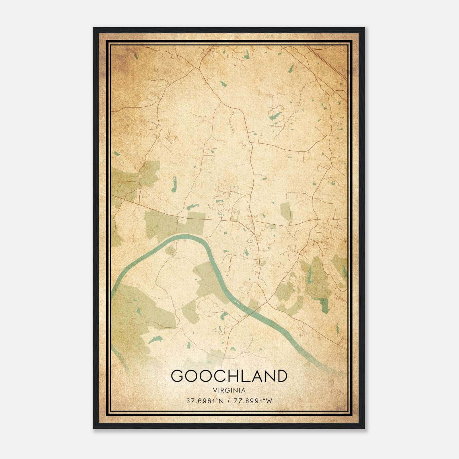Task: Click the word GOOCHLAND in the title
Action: coord(229,376)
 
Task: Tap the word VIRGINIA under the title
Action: coord(229,390)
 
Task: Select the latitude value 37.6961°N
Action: coord(203,401)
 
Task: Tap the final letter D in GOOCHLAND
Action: coord(281,376)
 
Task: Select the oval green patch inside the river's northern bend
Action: coord(170,250)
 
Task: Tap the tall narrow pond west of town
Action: coord(174,184)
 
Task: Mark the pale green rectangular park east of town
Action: coord(285,212)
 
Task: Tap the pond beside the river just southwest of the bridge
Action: coord(224,316)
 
